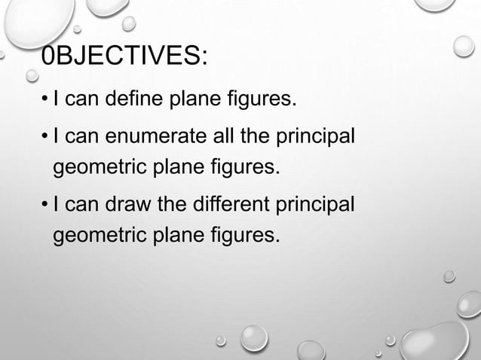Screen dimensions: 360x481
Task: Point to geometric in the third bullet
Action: coord(99,233)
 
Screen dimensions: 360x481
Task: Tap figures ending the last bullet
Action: coord(250,233)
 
